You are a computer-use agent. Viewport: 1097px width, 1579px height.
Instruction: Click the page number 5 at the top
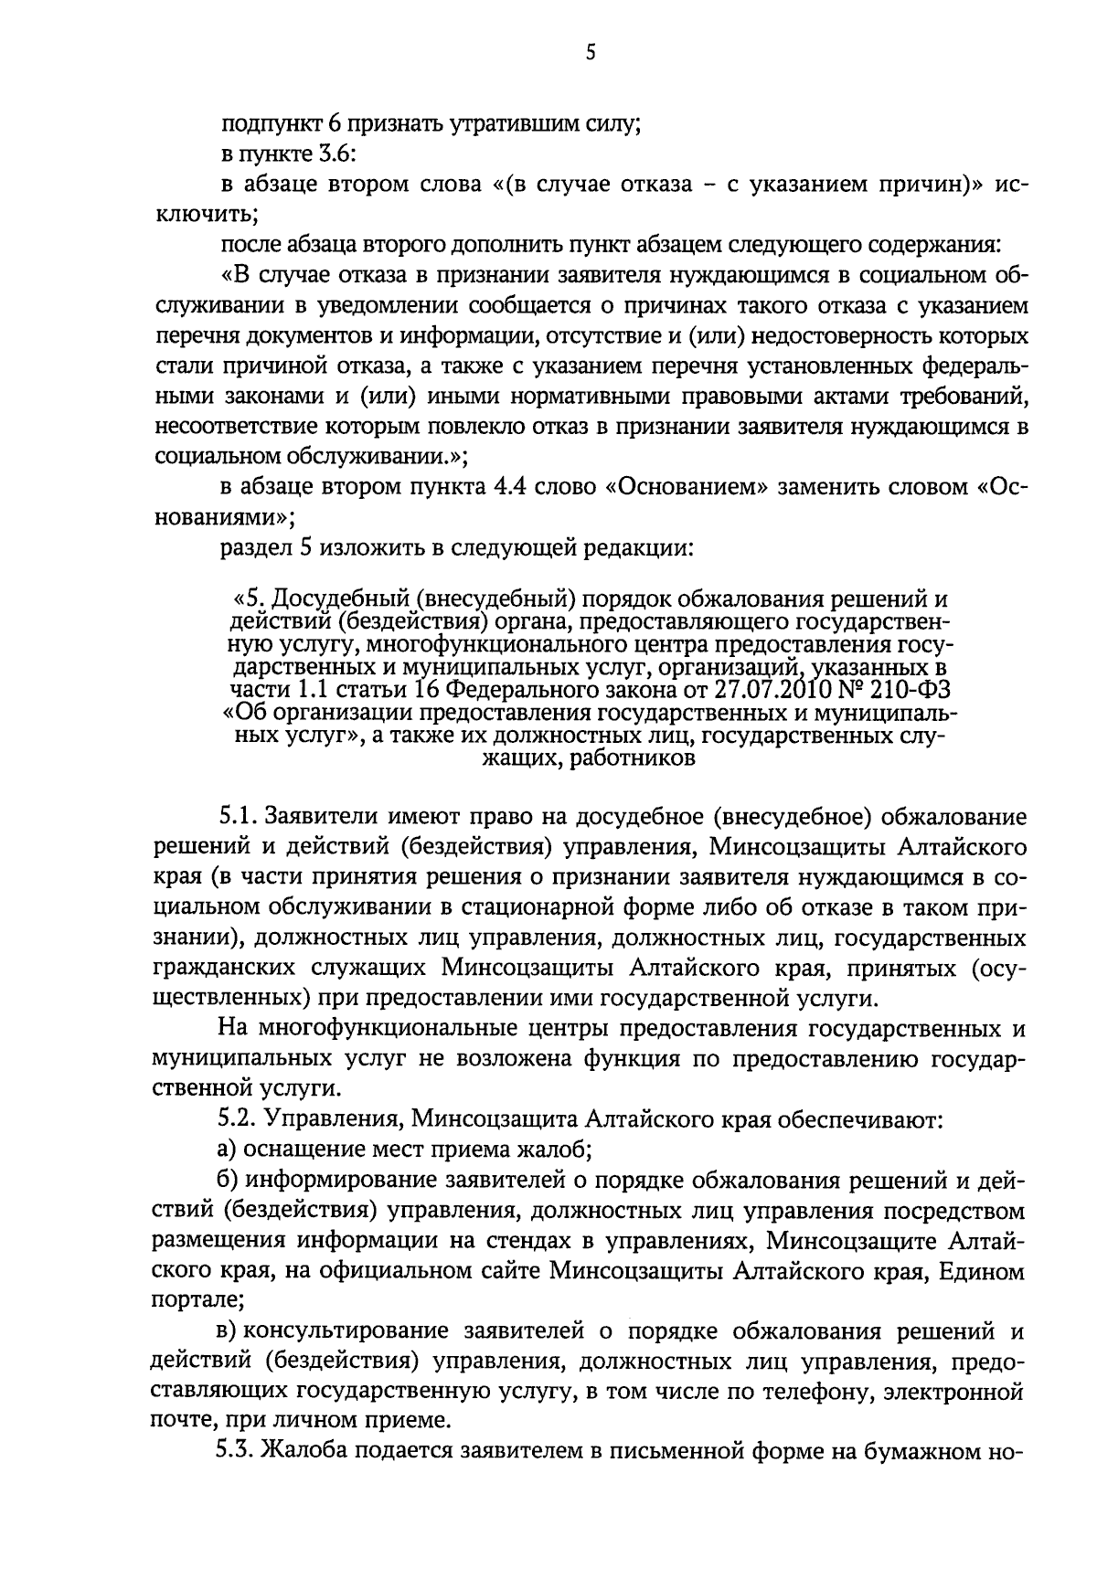tap(591, 53)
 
